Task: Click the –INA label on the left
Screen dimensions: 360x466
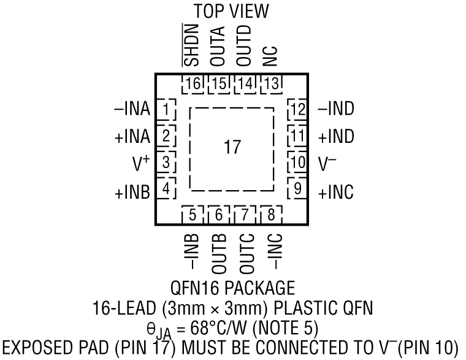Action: click(x=132, y=110)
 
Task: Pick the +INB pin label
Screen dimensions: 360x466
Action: click(x=132, y=191)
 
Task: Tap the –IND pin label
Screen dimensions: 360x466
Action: click(x=336, y=110)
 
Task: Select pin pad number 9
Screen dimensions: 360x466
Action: click(x=297, y=190)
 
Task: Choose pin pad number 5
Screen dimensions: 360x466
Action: click(x=193, y=215)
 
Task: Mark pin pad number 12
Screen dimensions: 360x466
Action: click(x=298, y=110)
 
